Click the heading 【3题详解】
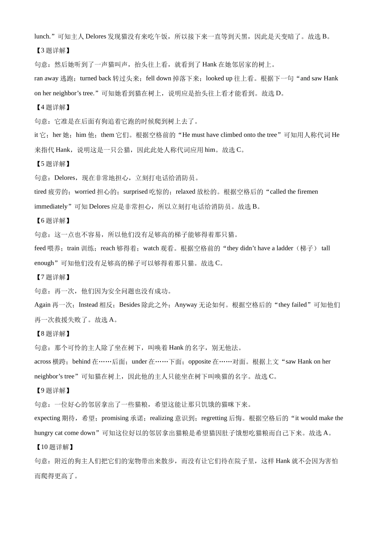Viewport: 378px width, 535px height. tap(53, 51)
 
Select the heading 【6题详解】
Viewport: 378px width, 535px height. tap(53, 221)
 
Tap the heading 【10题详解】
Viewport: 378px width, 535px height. tap(54, 447)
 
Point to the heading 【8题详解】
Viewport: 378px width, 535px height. tap(53, 334)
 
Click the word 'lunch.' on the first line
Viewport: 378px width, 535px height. tap(43, 37)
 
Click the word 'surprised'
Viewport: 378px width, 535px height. tap(135, 192)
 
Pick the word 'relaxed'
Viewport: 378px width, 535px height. tap(185, 192)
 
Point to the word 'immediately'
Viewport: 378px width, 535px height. tap(51, 207)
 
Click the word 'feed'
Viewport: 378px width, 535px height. tap(40, 248)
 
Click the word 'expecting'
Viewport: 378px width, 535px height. tap(47, 418)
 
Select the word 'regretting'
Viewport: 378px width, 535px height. tap(214, 418)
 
